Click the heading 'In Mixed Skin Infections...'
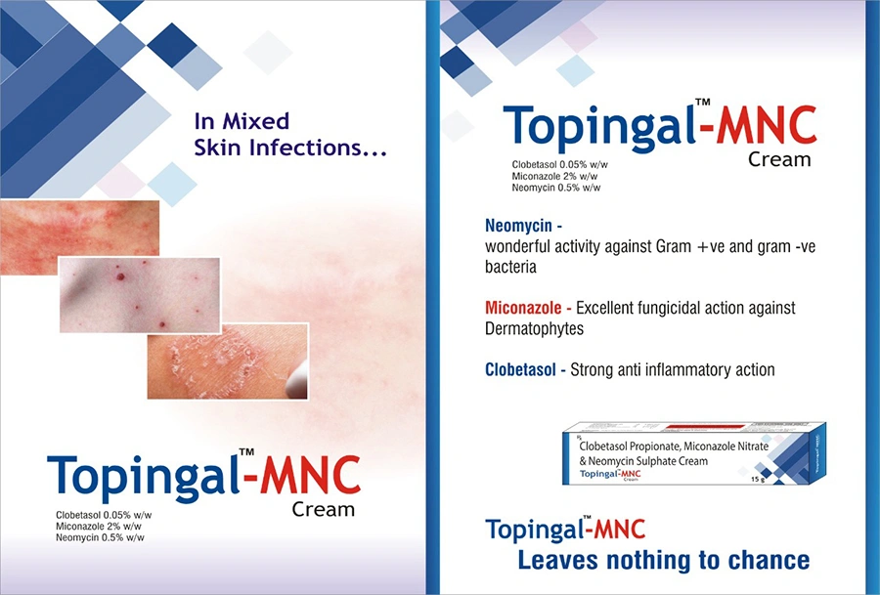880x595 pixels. point(290,135)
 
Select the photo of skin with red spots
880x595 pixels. point(140,295)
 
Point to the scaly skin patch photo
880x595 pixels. point(228,361)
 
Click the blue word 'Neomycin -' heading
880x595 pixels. point(524,226)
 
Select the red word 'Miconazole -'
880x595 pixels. point(528,308)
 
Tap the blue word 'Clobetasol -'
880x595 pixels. point(525,369)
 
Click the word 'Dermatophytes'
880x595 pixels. point(534,328)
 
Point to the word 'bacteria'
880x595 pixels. point(510,267)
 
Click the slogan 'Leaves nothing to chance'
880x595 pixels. point(663,560)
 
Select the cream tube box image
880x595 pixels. point(694,453)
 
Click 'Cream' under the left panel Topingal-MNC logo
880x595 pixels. point(324,509)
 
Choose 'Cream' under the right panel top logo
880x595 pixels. point(779,159)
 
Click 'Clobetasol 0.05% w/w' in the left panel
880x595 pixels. point(104,515)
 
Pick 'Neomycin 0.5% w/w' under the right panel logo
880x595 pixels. point(556,188)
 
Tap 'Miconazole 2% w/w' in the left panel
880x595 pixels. point(99,526)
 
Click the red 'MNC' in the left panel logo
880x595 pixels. point(310,476)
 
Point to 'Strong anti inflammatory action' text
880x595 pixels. point(673,369)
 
